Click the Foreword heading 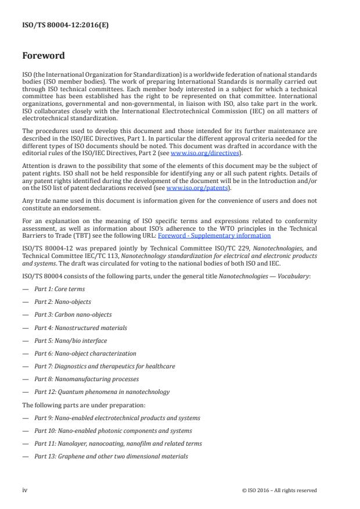pos(44,56)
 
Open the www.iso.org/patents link pos(190,188)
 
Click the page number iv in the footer pos(25,490)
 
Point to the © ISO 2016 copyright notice pos(279,490)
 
